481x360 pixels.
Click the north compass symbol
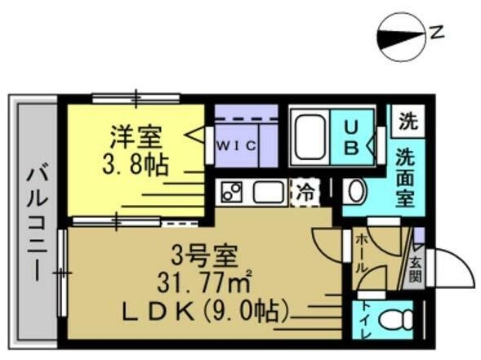coord(401,37)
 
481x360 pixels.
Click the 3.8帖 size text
coord(136,165)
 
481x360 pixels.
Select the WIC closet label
coord(236,145)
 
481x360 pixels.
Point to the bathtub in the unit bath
coord(309,137)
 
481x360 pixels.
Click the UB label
coord(351,136)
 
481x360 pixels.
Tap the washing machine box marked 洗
coord(408,122)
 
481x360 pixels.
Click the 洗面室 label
coord(405,177)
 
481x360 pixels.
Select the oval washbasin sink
coord(355,191)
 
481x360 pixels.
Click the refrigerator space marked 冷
coord(305,193)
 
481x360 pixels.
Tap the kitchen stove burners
coord(231,192)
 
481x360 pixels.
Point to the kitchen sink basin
coord(269,192)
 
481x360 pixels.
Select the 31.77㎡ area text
coord(205,282)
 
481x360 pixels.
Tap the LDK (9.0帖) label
coord(205,311)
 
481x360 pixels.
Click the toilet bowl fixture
coord(396,320)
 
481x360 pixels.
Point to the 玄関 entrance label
coord(416,270)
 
